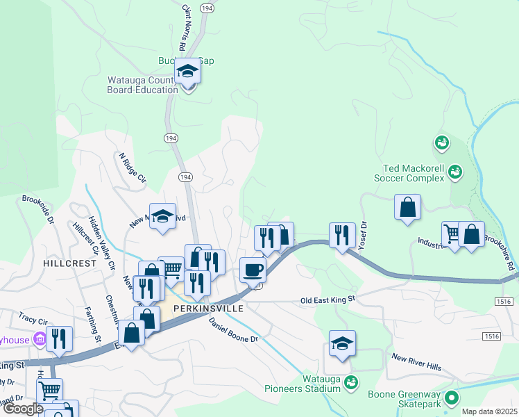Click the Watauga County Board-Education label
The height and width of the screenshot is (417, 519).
coord(142,85)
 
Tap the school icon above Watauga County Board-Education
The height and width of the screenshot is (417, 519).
coord(187,72)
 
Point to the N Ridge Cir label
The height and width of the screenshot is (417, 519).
coord(133,169)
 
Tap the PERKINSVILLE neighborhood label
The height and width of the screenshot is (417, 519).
coord(208,308)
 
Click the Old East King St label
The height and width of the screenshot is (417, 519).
coord(327,299)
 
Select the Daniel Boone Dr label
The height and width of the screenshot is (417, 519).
coord(233,329)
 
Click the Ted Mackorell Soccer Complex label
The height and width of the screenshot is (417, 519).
coord(414,173)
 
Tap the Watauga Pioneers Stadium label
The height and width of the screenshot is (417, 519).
coord(321,384)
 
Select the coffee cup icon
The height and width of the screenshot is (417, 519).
coord(253,270)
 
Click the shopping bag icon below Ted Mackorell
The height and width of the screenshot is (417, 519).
coord(407,207)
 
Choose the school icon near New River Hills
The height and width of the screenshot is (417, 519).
coord(342,343)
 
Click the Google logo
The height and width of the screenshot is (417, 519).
coord(23,409)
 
